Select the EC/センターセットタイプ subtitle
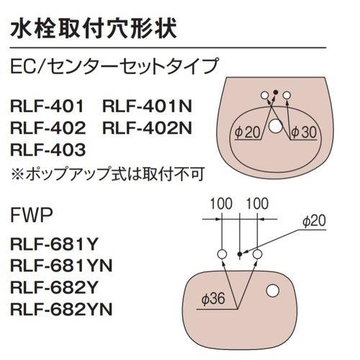pyautogui.click(x=114, y=68)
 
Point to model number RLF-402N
pyautogui.click(x=148, y=129)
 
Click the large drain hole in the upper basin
pyautogui.click(x=276, y=127)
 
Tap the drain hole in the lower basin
pyautogui.click(x=273, y=291)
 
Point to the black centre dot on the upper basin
pyautogui.click(x=276, y=91)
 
